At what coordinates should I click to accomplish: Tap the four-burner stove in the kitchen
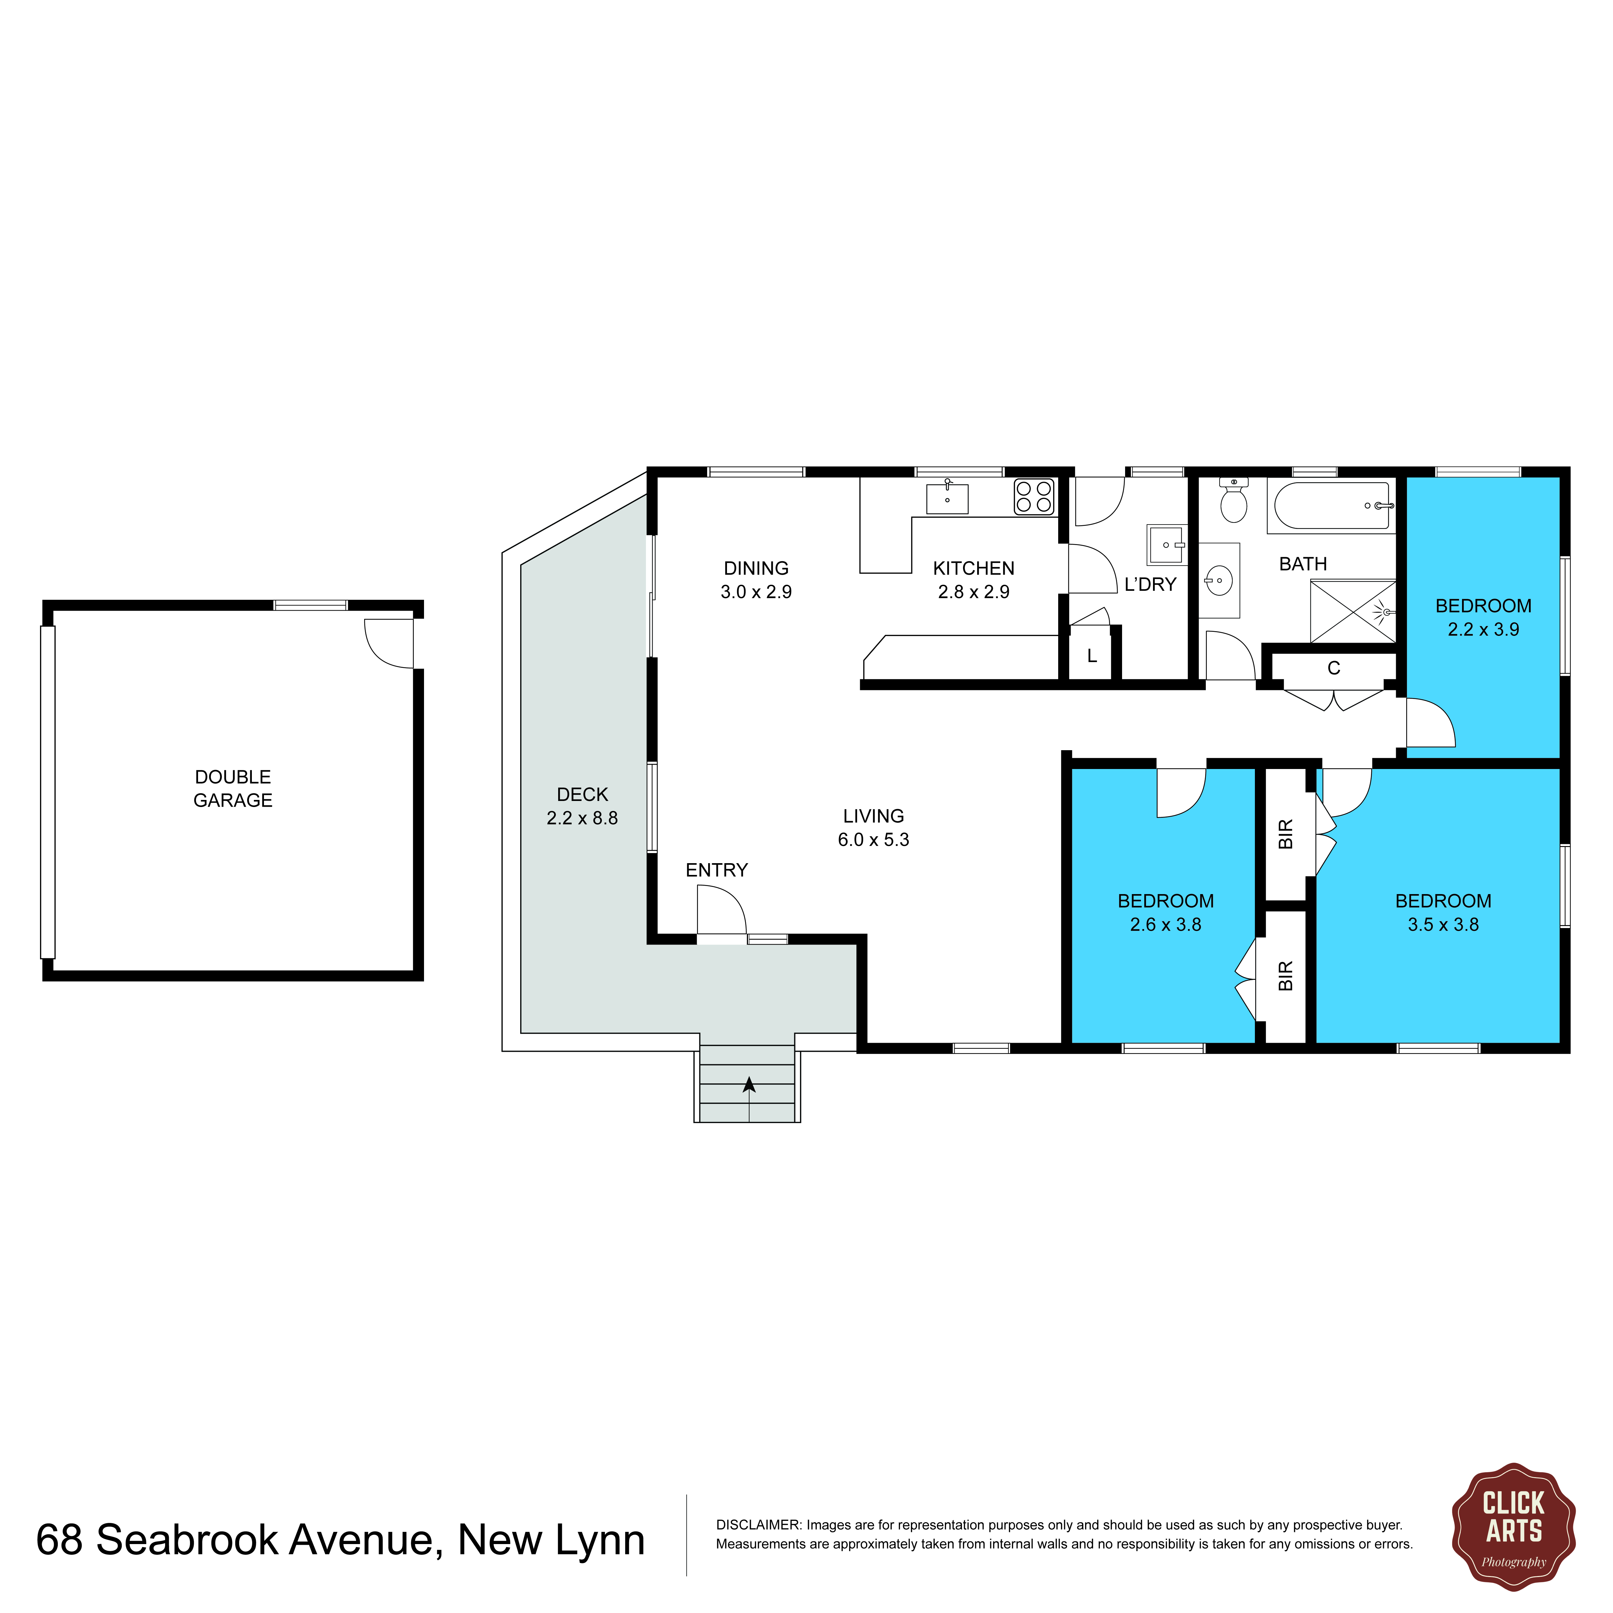1034,497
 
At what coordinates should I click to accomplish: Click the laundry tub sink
1166,545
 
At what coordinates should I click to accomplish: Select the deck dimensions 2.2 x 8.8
582,818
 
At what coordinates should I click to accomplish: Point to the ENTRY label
716,870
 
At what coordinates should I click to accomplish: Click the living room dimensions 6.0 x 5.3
873,840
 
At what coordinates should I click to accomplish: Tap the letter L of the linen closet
1091,656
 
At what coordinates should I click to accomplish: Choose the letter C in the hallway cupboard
1333,668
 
